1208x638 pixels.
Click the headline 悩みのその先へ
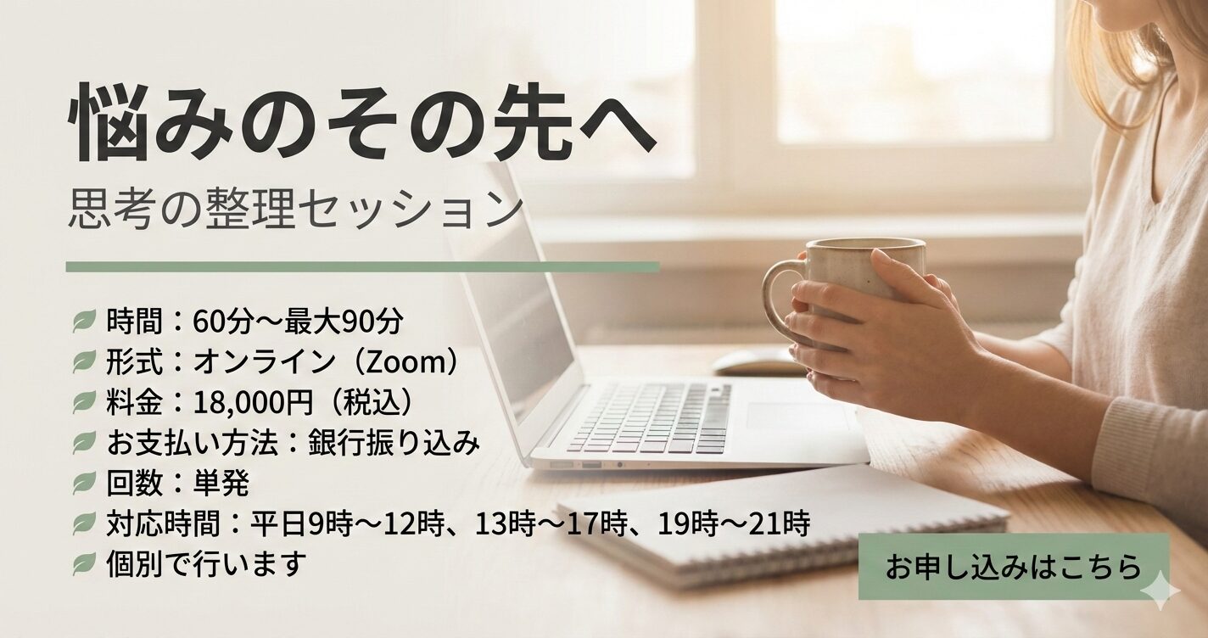click(x=362, y=122)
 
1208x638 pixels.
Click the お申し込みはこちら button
click(x=1014, y=567)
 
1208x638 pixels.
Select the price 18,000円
click(x=253, y=402)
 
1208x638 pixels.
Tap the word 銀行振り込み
click(x=394, y=443)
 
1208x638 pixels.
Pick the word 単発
click(x=221, y=484)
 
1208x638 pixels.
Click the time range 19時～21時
click(x=734, y=523)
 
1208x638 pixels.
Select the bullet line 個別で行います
click(x=206, y=563)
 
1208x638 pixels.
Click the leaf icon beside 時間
click(x=84, y=322)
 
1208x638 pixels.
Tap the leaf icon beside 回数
click(x=84, y=484)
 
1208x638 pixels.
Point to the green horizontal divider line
click(x=363, y=267)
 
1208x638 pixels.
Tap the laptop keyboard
click(x=647, y=418)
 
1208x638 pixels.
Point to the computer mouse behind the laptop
click(x=755, y=362)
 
